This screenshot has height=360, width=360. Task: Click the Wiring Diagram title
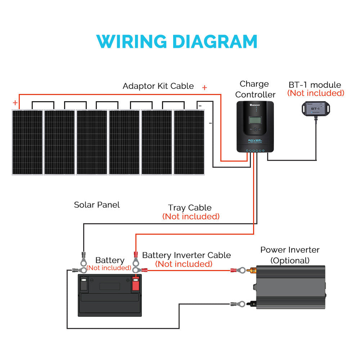click(177, 41)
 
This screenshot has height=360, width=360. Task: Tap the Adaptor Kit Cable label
click(158, 86)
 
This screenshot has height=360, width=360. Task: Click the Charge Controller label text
click(255, 89)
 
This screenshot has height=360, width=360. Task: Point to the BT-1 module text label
click(315, 85)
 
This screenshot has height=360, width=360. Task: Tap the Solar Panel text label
click(97, 205)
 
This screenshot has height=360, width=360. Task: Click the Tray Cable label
click(190, 208)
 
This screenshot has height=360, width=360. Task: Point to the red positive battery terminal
click(136, 284)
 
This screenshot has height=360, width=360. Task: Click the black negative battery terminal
click(84, 284)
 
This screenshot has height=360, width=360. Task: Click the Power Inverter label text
click(290, 250)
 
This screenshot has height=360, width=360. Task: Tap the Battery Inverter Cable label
click(186, 255)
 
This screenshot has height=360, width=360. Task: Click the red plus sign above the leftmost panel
click(15, 103)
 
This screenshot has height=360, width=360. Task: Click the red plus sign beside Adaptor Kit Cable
click(204, 87)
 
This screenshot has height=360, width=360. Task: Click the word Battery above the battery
click(110, 260)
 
